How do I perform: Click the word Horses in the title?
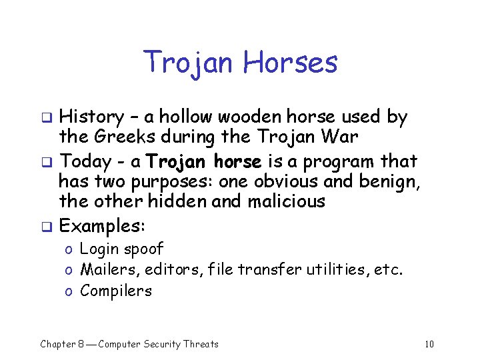[290, 63]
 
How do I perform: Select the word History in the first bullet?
[90, 117]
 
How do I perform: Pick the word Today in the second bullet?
[85, 161]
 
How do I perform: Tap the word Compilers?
[115, 291]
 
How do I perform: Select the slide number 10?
[429, 344]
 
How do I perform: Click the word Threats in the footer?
[198, 344]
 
